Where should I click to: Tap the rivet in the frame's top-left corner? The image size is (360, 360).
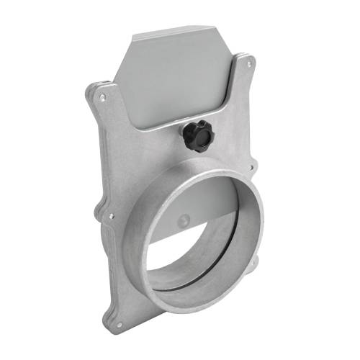click(103, 96)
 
